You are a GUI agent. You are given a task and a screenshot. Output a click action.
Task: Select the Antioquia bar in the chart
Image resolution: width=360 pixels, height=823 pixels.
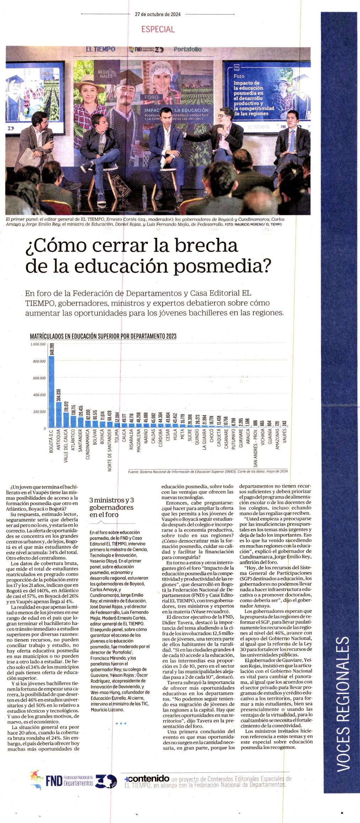click(x=59, y=415)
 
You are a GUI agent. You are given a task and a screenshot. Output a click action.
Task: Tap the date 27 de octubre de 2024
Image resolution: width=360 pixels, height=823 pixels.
click(x=158, y=15)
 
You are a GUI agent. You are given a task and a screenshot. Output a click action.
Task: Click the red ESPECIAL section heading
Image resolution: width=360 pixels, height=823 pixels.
click(x=158, y=29)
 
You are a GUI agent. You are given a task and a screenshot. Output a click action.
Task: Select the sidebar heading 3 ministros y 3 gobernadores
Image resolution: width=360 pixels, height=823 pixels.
click(x=111, y=507)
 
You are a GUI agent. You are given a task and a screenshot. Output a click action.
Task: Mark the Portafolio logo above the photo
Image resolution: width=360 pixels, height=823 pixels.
click(x=187, y=49)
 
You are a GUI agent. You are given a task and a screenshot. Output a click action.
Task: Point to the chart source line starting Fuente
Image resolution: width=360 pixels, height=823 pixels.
click(x=208, y=471)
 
